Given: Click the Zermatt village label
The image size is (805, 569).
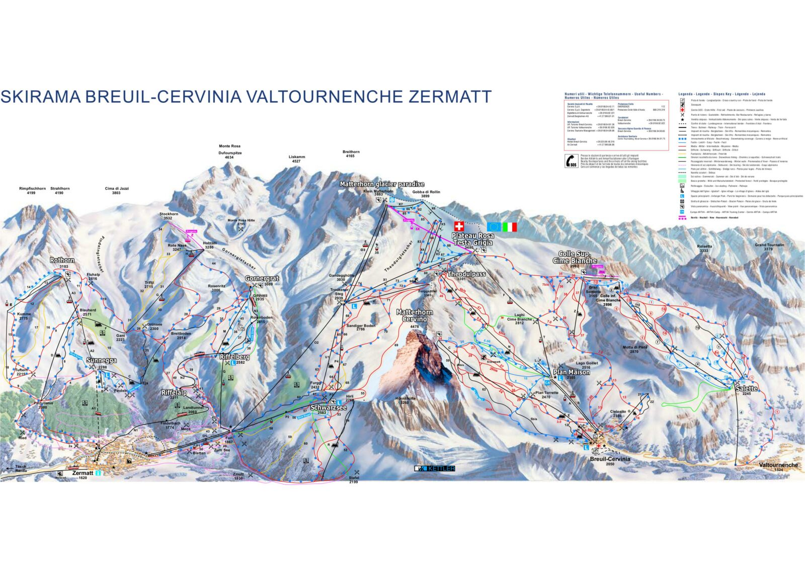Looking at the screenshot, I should pyautogui.click(x=83, y=473).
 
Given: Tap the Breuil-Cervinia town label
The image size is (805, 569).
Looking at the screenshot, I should pyautogui.click(x=610, y=459).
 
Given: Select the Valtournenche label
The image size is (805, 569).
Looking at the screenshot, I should pyautogui.click(x=778, y=465).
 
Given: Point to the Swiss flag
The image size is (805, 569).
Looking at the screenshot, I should pyautogui.click(x=458, y=226).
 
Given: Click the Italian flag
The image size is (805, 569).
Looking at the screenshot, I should pyautogui.click(x=510, y=227).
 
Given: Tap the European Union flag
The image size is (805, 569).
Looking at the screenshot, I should pyautogui.click(x=494, y=227).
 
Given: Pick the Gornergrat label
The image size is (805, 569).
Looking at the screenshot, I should pyautogui.click(x=262, y=278).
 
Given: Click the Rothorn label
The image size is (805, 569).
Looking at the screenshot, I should pyautogui.click(x=62, y=260).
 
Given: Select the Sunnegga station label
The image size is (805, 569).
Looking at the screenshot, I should pyautogui.click(x=101, y=360).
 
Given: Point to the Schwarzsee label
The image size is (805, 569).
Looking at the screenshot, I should pyautogui.click(x=328, y=408).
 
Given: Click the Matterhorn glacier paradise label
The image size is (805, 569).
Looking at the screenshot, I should pyautogui.click(x=382, y=184).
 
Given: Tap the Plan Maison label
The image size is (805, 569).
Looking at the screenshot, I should pyautogui.click(x=572, y=372).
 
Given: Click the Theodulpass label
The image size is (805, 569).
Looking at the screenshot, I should pyautogui.click(x=466, y=274).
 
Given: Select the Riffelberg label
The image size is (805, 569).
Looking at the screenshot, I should pyautogui.click(x=234, y=357).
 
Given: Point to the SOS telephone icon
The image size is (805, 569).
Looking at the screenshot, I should pyautogui.click(x=571, y=160).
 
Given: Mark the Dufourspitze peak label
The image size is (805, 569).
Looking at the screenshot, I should pyautogui.click(x=230, y=152).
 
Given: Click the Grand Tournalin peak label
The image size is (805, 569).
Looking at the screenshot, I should pyautogui.click(x=769, y=245).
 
